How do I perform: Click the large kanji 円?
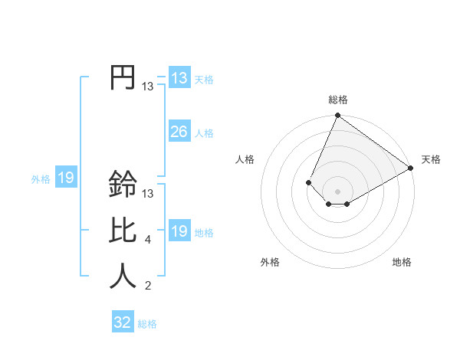(123, 78)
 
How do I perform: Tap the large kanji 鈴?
(123, 184)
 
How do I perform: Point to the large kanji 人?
(123, 276)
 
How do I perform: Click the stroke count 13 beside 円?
(148, 87)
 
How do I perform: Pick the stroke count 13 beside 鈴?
(148, 193)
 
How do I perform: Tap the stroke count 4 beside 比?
(148, 240)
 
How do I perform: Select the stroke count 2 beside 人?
(148, 286)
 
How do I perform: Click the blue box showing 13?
(179, 78)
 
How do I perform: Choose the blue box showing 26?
(179, 132)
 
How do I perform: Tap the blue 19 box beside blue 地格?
(179, 231)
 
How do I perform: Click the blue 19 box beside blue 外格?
(66, 178)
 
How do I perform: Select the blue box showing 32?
(123, 322)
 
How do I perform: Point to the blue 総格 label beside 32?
(148, 324)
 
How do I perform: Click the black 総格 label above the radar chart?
(338, 100)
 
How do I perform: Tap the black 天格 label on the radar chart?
(432, 159)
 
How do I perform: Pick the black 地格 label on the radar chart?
(402, 262)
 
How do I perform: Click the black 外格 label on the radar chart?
(270, 262)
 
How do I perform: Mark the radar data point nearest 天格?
(411, 168)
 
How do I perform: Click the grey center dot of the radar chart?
(337, 191)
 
